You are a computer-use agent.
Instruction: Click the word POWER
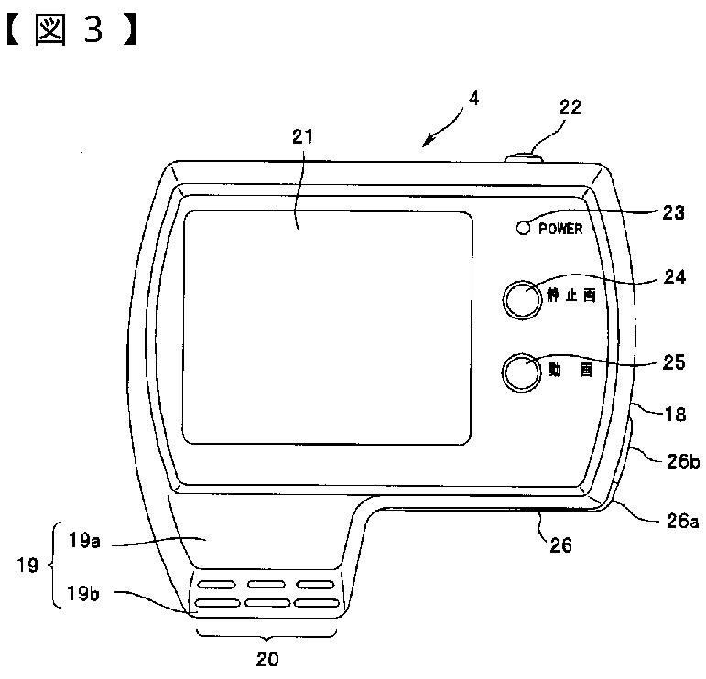click(x=559, y=229)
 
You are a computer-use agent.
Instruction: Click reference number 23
click(x=673, y=212)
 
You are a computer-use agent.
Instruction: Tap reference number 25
click(x=673, y=363)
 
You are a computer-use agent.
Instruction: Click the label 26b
click(x=683, y=461)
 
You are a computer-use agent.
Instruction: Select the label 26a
click(x=681, y=521)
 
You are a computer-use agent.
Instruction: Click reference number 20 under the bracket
click(x=268, y=658)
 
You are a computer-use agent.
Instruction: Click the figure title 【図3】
click(x=73, y=31)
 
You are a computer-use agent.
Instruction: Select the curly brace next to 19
click(x=53, y=566)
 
